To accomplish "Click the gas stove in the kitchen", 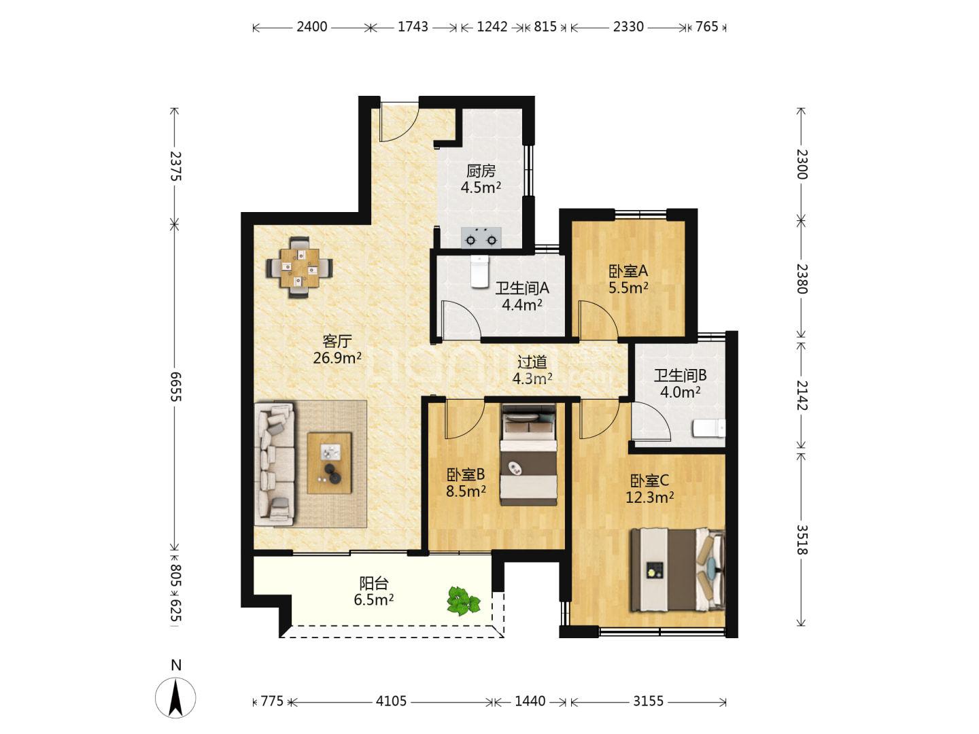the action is click(x=481, y=238).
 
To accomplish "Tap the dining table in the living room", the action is click(x=299, y=267).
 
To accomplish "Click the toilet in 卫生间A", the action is click(x=480, y=271).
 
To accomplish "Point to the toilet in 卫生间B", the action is click(x=708, y=428).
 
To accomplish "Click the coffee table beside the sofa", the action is click(x=330, y=463).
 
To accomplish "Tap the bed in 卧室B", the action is click(x=528, y=455).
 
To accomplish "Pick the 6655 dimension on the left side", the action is click(x=176, y=387).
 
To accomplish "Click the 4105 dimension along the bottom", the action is click(x=391, y=701).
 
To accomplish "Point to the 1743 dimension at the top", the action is click(x=413, y=27).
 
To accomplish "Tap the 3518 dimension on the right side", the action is click(x=802, y=540).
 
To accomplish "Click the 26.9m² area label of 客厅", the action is click(x=337, y=358).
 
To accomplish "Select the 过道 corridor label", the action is click(x=532, y=362).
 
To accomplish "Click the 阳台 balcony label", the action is click(x=374, y=583).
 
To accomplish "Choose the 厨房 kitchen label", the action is click(x=481, y=171).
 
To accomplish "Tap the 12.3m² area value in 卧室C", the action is click(x=649, y=497).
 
